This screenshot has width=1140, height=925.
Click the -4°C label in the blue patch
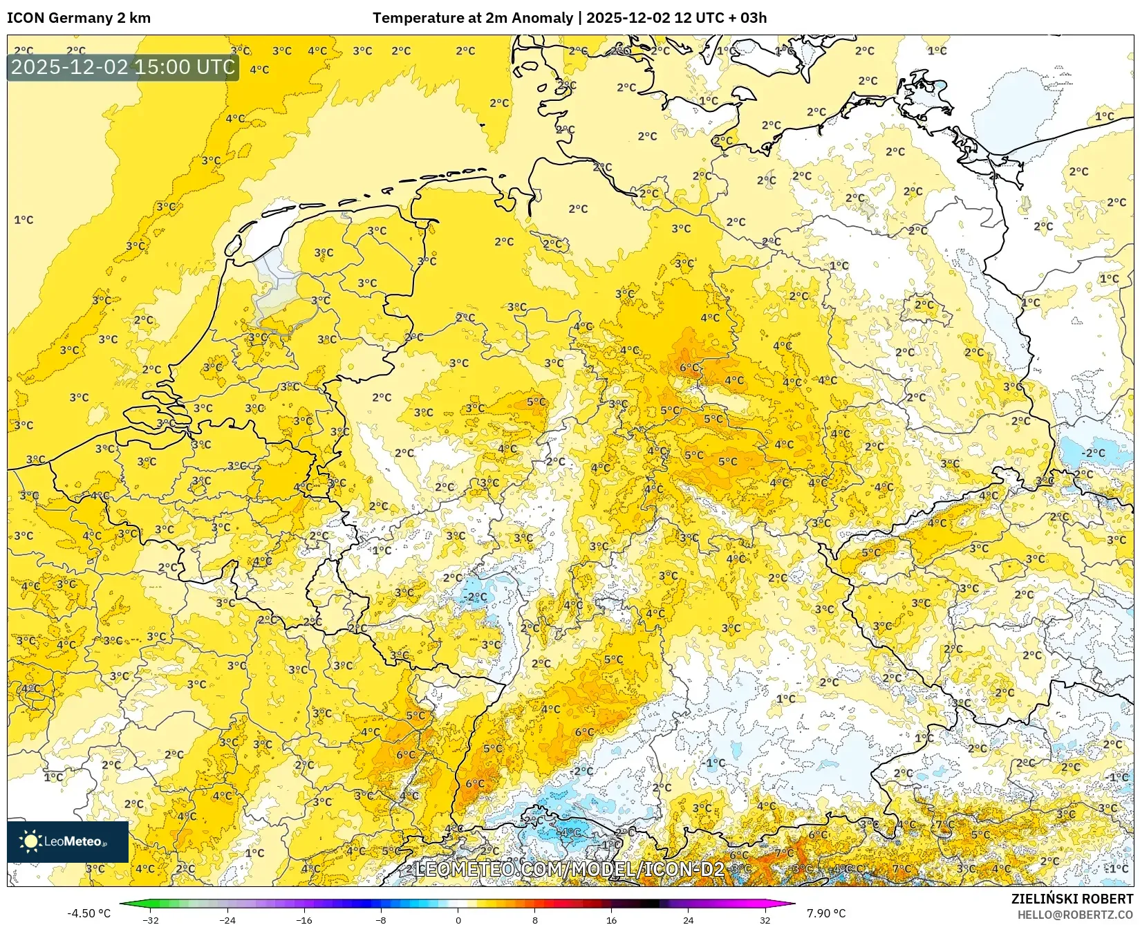coord(570,832)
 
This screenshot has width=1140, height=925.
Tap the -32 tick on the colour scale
coord(151,919)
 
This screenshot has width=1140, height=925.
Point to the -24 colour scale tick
coord(227,919)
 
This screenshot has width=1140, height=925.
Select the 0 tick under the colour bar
coord(458,919)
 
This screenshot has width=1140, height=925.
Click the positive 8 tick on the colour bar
coord(534,919)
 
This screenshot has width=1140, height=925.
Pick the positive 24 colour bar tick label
coord(688,919)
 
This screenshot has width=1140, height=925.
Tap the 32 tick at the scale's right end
coord(765,919)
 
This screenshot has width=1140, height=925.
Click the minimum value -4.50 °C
coord(88,913)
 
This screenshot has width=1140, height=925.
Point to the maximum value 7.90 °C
coord(826,913)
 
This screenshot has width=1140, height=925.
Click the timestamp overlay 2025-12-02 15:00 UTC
coord(123,67)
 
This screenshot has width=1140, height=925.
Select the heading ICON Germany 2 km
coord(79,18)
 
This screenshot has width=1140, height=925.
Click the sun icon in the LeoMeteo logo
coord(30,841)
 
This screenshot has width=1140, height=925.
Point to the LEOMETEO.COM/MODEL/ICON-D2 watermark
coord(569,869)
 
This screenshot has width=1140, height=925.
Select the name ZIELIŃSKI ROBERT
coord(1072,899)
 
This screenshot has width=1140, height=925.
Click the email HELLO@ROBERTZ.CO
coord(1075,914)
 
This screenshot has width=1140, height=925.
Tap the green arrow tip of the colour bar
coord(123,903)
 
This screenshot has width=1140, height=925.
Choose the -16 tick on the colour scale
coord(304,919)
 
